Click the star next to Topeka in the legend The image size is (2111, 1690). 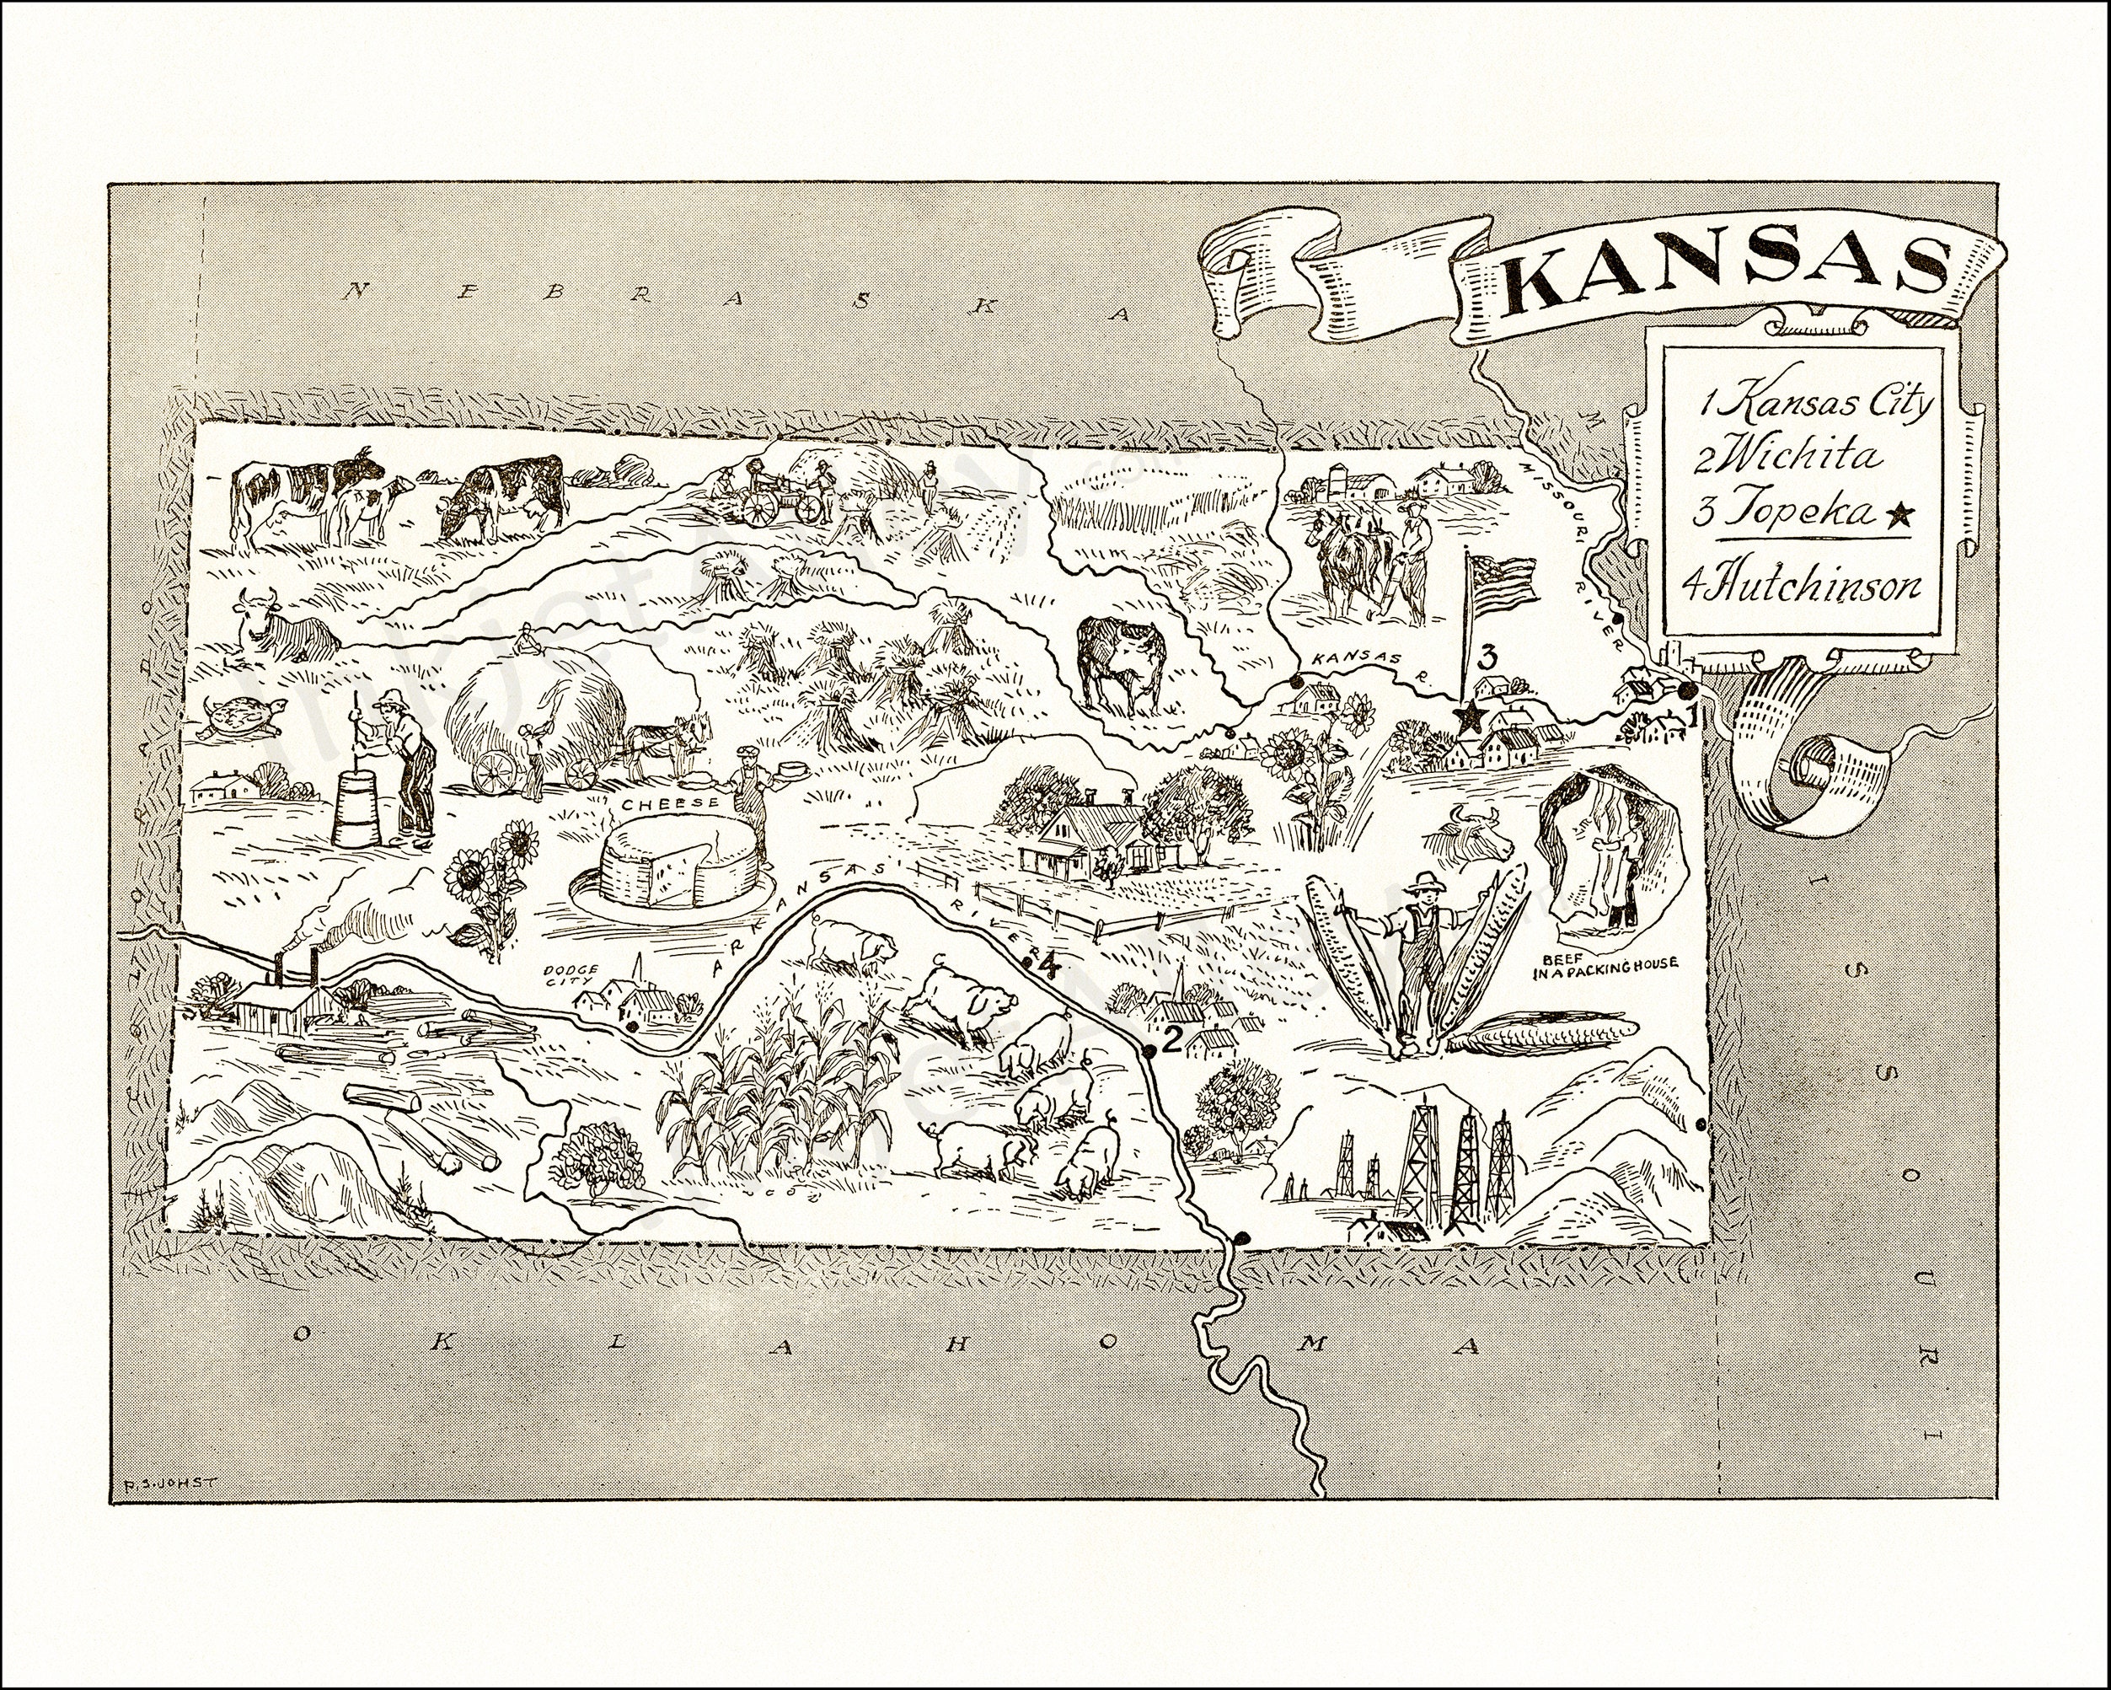click(1898, 518)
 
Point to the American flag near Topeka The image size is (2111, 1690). click(1503, 577)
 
